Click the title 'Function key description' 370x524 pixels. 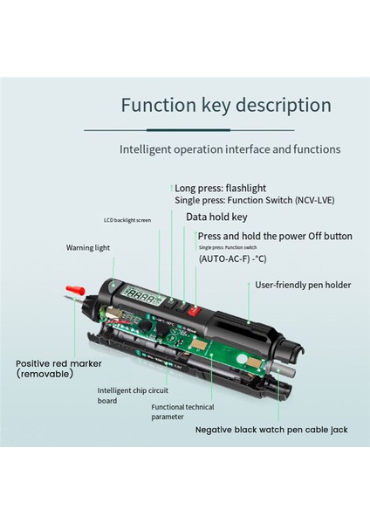click(226, 106)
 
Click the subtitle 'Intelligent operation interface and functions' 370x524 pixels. click(230, 149)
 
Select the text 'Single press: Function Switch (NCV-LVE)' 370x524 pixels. click(254, 200)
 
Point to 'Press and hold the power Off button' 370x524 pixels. click(275, 236)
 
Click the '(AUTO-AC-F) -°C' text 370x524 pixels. click(233, 259)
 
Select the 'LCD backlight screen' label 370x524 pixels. click(127, 220)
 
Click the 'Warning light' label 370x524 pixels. click(88, 247)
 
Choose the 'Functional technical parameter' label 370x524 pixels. click(182, 412)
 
